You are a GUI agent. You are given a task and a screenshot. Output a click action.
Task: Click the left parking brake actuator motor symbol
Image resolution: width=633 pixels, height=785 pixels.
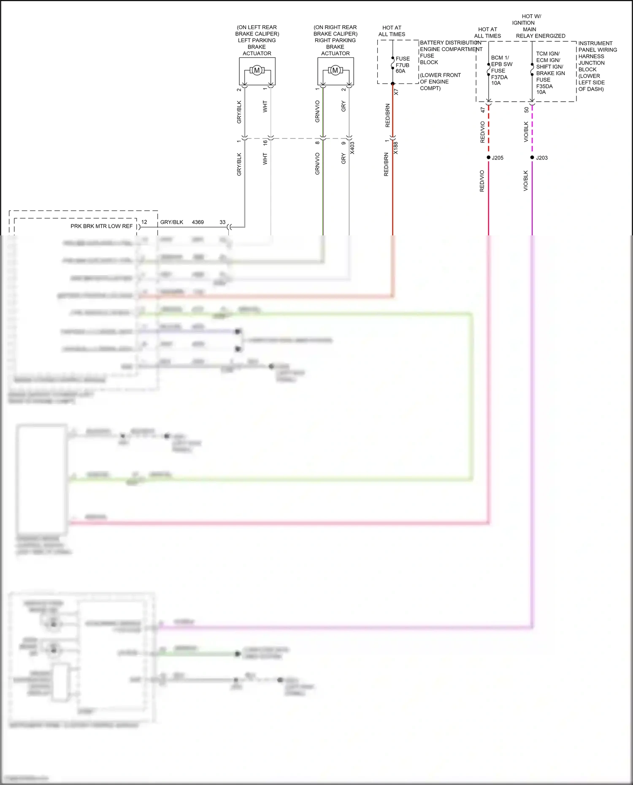[x=257, y=70]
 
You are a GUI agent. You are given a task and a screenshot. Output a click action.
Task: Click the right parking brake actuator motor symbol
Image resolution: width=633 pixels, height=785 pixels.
[x=335, y=70]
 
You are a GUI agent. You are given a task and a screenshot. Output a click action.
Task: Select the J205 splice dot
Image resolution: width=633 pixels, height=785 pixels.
[x=489, y=157]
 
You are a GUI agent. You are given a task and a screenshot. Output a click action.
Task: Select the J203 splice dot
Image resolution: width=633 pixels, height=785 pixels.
[x=532, y=157]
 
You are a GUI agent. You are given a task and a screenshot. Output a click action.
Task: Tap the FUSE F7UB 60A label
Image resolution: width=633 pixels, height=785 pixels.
[x=402, y=65]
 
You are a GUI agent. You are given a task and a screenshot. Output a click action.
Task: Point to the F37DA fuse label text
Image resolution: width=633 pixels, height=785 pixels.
[x=499, y=77]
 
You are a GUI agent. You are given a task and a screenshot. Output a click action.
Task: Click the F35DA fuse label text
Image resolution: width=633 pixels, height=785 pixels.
[x=544, y=86]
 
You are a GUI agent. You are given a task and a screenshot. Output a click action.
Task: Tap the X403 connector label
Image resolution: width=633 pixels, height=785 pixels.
[x=352, y=148]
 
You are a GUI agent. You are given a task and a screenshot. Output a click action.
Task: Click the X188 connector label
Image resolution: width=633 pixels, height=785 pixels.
[x=396, y=148]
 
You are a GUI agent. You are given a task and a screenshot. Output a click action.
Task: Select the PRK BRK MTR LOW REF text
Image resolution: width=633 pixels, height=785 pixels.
[x=101, y=226]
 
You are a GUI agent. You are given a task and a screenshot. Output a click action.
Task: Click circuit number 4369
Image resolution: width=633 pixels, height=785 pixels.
[x=197, y=222]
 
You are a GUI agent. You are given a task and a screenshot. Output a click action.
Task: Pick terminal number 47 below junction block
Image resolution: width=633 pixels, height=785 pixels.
[x=483, y=110]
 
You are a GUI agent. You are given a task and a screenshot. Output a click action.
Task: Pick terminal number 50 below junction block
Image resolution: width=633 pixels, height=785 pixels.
[x=526, y=110]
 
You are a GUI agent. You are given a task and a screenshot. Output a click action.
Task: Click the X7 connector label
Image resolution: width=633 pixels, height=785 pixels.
[x=396, y=92]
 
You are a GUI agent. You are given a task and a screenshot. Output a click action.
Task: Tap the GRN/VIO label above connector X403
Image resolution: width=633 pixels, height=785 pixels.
[x=317, y=111]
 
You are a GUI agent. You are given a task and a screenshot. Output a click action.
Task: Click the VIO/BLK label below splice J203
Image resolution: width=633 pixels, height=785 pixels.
[x=526, y=181]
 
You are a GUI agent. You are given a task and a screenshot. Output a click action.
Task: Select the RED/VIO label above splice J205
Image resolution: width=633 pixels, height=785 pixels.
[x=483, y=132]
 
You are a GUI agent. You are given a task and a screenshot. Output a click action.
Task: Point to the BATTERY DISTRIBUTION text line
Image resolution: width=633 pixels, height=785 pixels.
[x=450, y=43]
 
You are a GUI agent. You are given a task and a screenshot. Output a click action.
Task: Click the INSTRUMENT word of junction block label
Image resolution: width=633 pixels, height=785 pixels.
[x=595, y=43]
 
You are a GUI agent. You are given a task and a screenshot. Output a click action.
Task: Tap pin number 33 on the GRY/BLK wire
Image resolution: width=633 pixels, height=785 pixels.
[x=222, y=222]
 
